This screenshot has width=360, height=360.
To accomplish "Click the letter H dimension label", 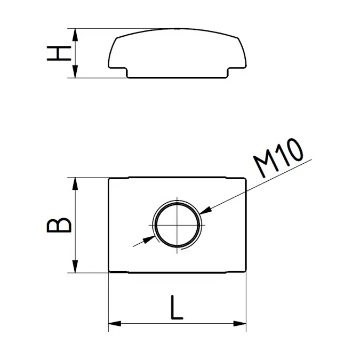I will tap(59, 53).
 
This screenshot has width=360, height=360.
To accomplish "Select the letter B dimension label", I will tap(59, 225).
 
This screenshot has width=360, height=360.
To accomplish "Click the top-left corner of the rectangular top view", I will tap(109, 179).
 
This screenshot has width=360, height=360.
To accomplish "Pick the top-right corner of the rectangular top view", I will tap(246, 179).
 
